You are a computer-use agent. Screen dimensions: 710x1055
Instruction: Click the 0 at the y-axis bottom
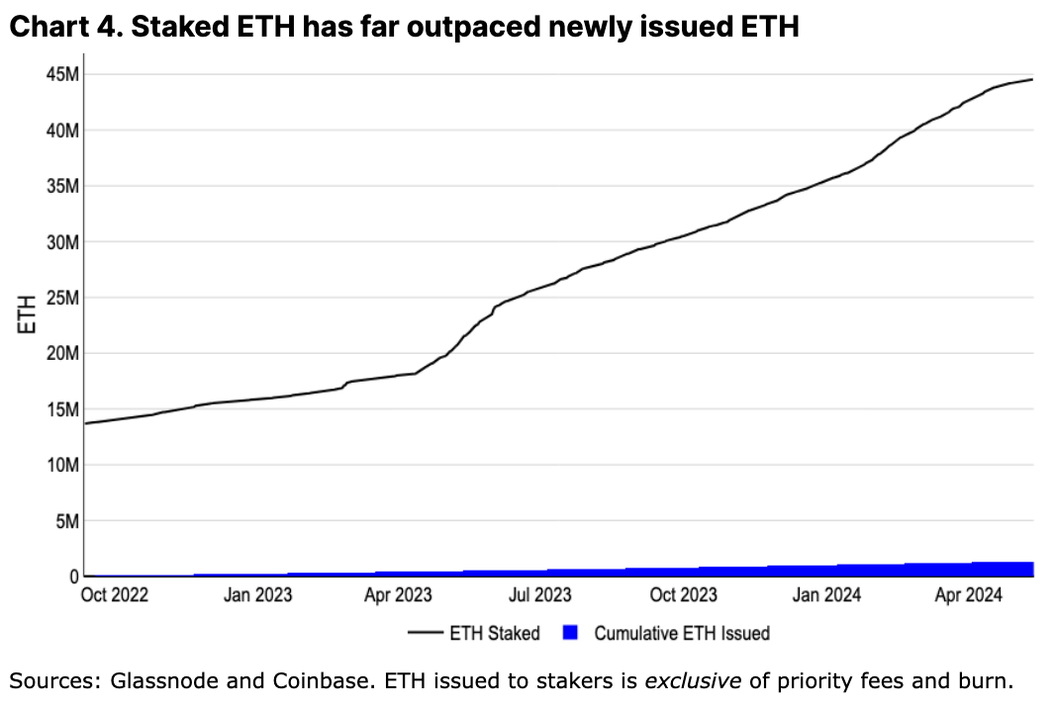click(x=71, y=576)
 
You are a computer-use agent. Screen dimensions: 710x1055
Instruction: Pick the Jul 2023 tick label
click(x=539, y=595)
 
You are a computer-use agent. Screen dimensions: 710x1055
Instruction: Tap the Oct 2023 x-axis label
click(x=684, y=595)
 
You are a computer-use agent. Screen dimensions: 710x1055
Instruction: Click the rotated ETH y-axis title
click(x=29, y=314)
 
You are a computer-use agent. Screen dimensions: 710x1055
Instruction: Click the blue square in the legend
click(x=570, y=633)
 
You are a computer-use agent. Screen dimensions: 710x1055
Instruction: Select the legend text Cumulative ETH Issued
click(x=682, y=633)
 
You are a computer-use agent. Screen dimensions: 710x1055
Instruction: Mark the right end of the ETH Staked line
click(x=1033, y=79)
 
